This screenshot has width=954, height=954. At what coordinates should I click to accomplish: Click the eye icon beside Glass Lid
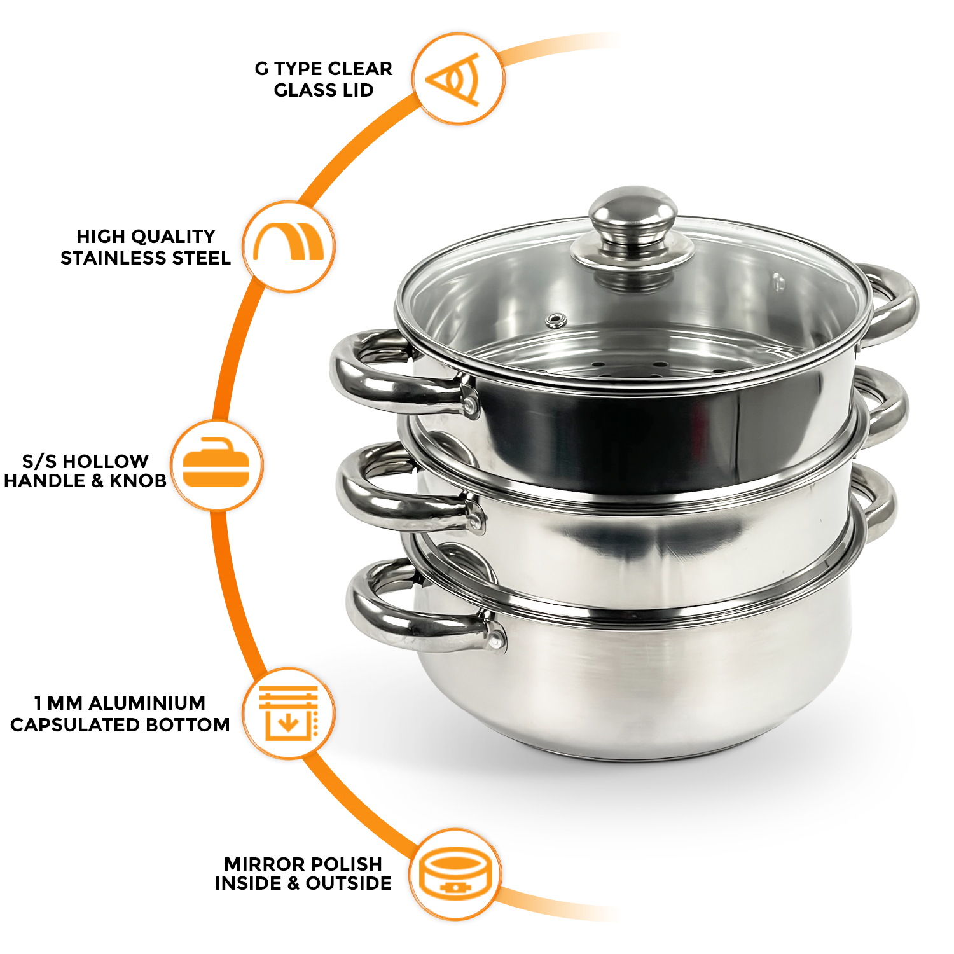[457, 79]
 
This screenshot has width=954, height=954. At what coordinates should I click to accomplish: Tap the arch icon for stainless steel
[289, 245]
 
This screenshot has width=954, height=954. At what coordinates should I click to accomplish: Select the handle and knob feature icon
[216, 465]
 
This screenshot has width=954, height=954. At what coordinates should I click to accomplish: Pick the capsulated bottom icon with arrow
[288, 713]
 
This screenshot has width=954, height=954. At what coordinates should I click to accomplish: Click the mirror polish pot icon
[455, 874]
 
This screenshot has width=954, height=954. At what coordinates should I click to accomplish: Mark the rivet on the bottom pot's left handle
[495, 638]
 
